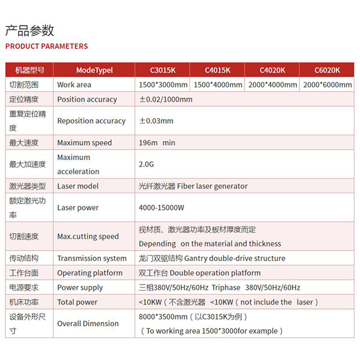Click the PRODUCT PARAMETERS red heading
coord(47,47)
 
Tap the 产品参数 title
coord(29,31)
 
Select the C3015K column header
coord(163,70)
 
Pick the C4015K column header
coord(217,70)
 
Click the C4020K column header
coord(272,70)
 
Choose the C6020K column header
coord(327,70)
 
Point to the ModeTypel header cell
coord(95,70)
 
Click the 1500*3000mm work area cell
coord(163,85)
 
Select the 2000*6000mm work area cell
coord(327,85)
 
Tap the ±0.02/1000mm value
coord(166,99)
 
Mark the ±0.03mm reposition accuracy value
coord(156,121)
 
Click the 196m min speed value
coord(157,143)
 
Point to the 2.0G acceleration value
coord(146,164)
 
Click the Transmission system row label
coord(92,258)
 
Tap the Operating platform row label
coord(90,273)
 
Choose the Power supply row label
coord(80,288)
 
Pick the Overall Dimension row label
coord(88,324)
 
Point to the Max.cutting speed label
coord(88,236)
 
